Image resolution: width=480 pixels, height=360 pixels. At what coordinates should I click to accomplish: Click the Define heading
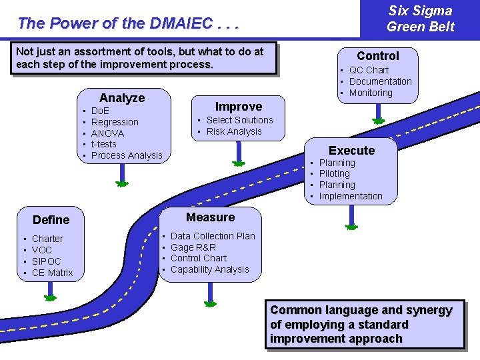[x=51, y=219]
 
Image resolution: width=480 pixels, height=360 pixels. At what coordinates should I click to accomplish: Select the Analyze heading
[x=122, y=98]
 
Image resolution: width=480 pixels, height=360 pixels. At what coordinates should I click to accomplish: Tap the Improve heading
[x=239, y=107]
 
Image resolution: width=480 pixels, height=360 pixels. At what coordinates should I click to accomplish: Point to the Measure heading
[x=211, y=217]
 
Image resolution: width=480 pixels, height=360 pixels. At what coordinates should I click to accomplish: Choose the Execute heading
[x=351, y=151]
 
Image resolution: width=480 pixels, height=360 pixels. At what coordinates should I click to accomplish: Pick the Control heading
[x=377, y=56]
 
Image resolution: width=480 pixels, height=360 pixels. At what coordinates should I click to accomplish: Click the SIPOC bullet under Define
[x=47, y=261]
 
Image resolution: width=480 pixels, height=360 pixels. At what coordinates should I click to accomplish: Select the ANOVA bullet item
[x=107, y=133]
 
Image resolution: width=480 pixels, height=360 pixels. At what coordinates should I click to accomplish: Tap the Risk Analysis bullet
[x=234, y=131]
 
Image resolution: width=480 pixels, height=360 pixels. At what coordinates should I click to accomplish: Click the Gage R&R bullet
[x=193, y=247]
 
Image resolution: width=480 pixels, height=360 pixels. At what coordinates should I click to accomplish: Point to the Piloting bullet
[x=334, y=173]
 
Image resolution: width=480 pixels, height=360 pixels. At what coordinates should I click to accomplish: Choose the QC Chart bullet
[x=369, y=70]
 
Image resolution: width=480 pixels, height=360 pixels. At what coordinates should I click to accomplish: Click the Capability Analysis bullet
[x=209, y=269]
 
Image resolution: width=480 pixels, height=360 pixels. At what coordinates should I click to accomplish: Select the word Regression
[x=115, y=122]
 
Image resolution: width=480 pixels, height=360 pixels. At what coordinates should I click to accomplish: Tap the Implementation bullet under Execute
[x=351, y=196]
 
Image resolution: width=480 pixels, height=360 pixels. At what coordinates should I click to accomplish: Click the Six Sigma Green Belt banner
[x=420, y=19]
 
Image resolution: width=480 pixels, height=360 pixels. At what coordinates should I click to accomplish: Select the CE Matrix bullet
[x=53, y=273]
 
